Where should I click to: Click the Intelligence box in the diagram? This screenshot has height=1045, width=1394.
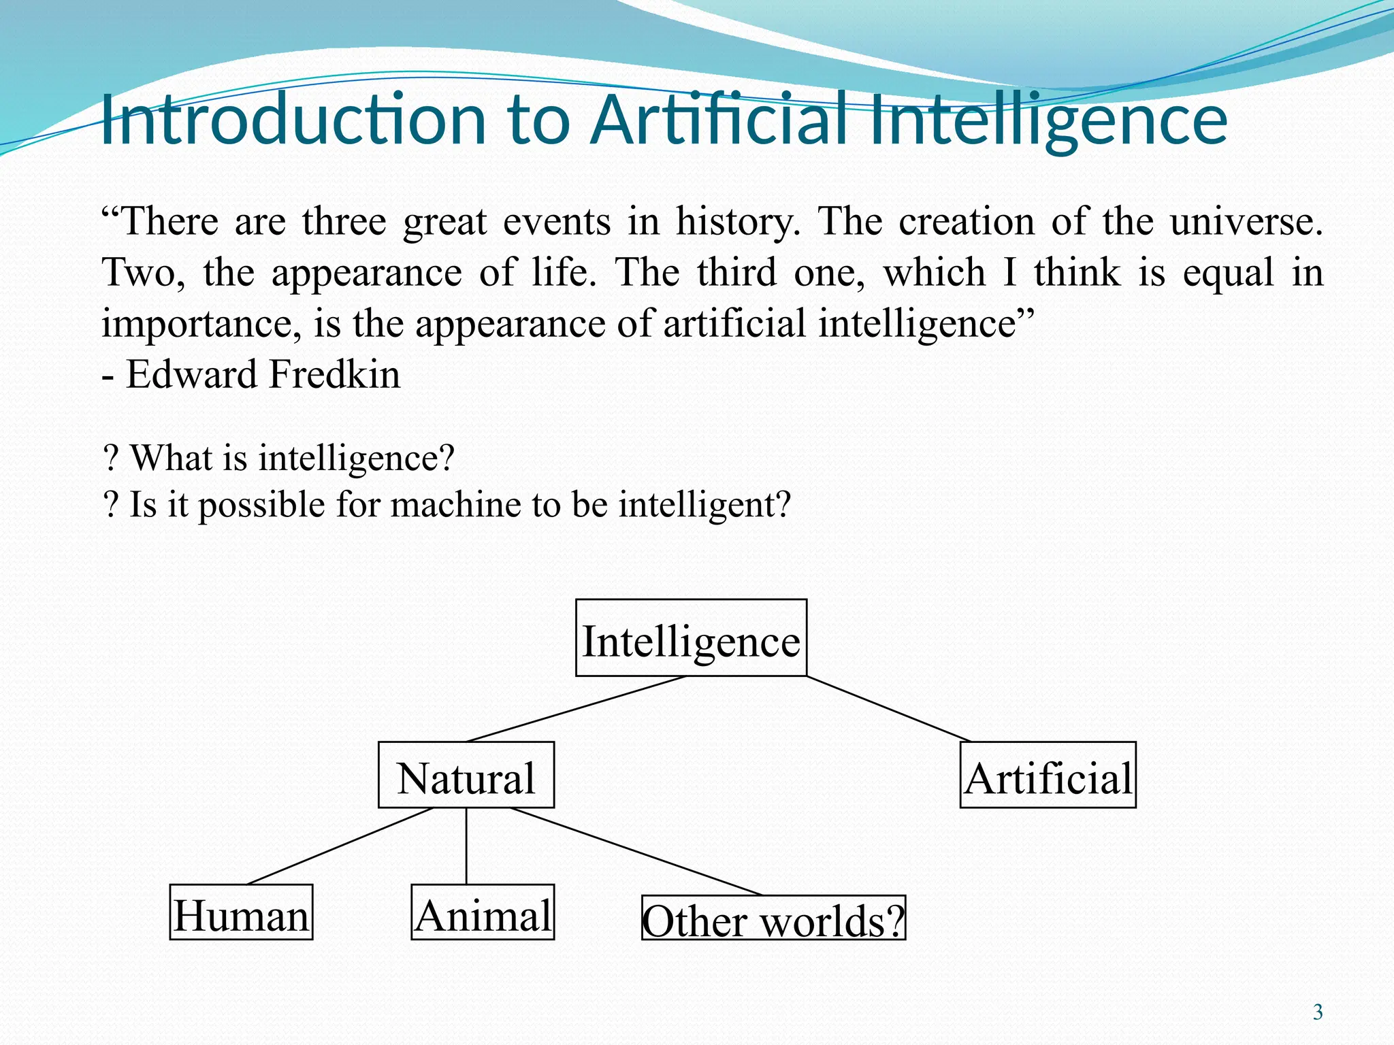[691, 638]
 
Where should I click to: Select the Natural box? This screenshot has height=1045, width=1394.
[466, 775]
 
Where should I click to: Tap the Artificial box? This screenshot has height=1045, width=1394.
[1048, 775]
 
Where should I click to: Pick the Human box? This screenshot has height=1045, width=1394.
[241, 912]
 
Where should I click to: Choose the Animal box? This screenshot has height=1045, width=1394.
[483, 912]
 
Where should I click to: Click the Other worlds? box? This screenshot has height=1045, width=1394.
[773, 918]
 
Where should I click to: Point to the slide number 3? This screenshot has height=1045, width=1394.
[1318, 1012]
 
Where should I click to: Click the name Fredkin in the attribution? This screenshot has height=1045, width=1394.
[335, 374]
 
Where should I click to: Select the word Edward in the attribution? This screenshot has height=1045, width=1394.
[191, 374]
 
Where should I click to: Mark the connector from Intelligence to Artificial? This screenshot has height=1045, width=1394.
[888, 709]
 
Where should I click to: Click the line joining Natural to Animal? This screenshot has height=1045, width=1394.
[466, 846]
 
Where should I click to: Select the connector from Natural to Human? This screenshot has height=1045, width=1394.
[340, 846]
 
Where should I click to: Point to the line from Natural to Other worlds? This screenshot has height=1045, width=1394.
[636, 851]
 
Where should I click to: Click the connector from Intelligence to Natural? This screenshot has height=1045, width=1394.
[577, 709]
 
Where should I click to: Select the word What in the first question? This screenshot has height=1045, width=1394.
[172, 458]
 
